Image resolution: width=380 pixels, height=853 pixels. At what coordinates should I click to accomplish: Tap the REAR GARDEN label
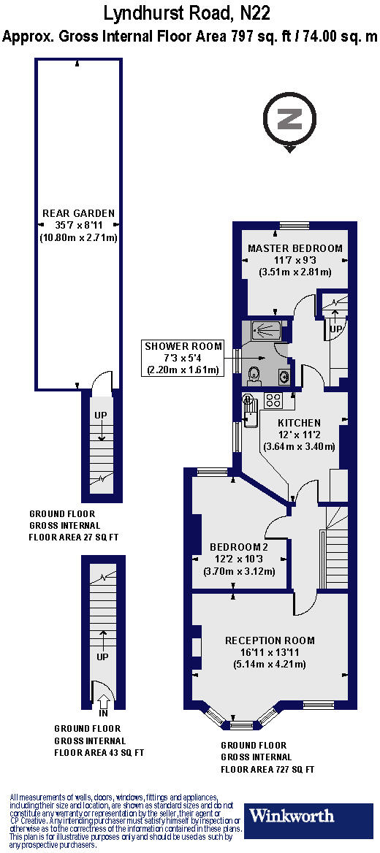[x=78, y=213]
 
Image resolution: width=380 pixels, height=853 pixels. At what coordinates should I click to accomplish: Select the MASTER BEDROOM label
[x=294, y=248]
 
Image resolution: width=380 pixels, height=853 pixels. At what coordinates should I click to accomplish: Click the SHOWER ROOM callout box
[x=182, y=357]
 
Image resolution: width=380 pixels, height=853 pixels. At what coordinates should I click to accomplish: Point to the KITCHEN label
[x=299, y=423]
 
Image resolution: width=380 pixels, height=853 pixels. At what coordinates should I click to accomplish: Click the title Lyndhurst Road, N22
[x=190, y=12]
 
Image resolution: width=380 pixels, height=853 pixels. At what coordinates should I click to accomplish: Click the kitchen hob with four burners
[x=274, y=399]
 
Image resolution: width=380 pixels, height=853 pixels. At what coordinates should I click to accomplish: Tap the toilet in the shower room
[x=254, y=373]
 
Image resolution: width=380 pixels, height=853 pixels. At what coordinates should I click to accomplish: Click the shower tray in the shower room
[x=262, y=330]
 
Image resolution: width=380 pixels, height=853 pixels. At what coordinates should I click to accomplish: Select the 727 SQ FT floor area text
[x=267, y=770]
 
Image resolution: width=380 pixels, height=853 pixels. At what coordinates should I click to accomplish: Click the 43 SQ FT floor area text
[x=99, y=752]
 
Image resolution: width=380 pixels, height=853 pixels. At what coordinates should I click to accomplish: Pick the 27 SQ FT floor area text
[x=74, y=537]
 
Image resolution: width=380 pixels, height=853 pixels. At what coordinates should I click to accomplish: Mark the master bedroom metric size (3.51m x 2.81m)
[x=294, y=272]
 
